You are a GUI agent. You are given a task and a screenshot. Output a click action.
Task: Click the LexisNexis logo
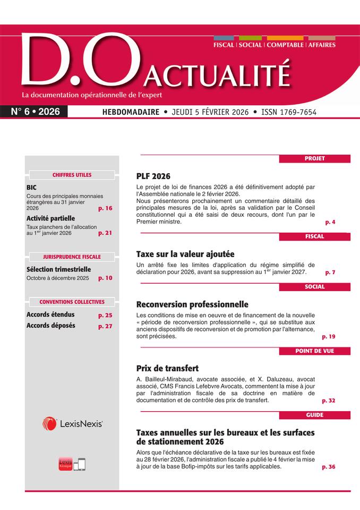[x=72, y=423]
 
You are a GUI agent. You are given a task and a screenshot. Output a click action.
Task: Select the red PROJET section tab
[x=314, y=158]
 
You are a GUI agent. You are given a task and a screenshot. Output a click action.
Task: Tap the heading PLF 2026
[x=153, y=176]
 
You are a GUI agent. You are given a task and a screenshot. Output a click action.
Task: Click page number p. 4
[x=330, y=222]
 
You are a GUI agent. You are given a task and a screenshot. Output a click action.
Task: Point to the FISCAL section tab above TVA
[x=314, y=237]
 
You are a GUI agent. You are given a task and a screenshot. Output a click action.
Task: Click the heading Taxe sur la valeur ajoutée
[x=185, y=254]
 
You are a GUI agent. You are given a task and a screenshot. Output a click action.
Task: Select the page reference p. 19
[x=328, y=337]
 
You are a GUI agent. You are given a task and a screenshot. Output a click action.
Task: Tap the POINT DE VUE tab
[x=314, y=351]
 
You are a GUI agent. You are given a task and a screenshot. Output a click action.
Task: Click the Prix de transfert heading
[x=167, y=368]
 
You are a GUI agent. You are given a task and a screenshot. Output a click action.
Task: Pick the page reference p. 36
[x=328, y=467]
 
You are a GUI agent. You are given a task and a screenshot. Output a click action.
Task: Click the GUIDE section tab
[x=314, y=415]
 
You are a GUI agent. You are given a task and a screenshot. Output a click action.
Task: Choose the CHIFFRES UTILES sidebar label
[x=72, y=175]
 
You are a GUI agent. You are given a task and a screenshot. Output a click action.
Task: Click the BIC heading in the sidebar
[x=31, y=188]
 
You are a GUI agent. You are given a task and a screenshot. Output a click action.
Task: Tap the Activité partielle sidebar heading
[x=50, y=218]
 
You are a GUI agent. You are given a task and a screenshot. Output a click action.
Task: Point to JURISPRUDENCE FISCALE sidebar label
[x=72, y=257]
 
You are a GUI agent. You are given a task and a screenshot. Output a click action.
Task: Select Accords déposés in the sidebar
[x=50, y=326]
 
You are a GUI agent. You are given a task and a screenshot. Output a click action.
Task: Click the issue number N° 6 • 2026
[x=36, y=112]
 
